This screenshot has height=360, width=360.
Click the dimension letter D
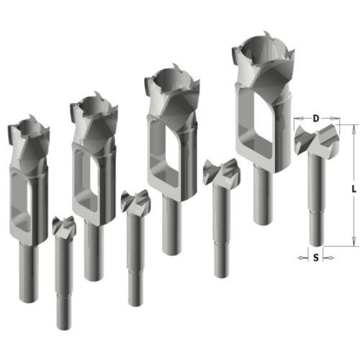click(316, 118)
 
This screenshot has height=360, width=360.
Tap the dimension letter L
click(354, 189)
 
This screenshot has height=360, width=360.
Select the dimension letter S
click(316, 258)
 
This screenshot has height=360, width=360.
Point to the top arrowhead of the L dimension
click(353, 130)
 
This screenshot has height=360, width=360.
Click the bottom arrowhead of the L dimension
click(353, 240)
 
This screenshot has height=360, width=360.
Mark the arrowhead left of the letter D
click(300, 118)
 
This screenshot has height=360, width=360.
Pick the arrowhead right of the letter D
click(335, 118)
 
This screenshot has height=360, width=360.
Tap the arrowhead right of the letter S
click(328, 258)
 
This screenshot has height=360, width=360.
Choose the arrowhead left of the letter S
click(303, 258)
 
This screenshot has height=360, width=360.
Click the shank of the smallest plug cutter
click(29, 272)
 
